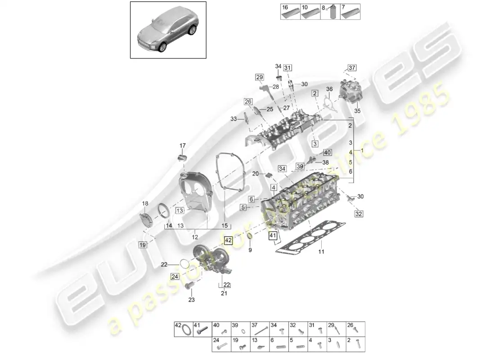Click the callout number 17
point(183,145)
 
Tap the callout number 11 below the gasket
point(321,252)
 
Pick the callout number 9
point(250,249)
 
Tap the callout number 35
point(358,110)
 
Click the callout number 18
point(145,203)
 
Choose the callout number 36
point(329,89)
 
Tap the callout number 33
point(234,119)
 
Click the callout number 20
point(255,174)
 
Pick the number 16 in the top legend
point(285,8)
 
